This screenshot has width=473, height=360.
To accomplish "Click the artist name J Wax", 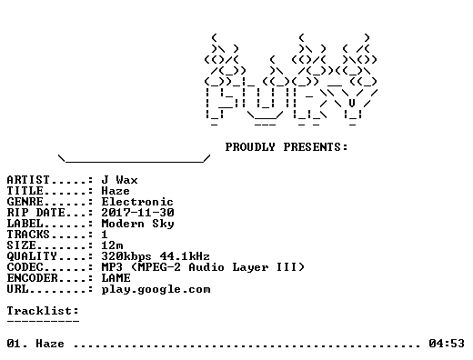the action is point(119,180).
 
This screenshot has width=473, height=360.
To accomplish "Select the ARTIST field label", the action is point(28,180).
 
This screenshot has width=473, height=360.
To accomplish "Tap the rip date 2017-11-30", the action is point(137,213).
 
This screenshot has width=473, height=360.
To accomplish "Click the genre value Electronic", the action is point(137,202).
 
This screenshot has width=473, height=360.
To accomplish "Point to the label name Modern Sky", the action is point(137,224).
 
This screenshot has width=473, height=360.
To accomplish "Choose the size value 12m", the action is point(112,245).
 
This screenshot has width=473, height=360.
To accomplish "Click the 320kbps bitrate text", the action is point(126,256).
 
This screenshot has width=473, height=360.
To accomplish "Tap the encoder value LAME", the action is point(116,278).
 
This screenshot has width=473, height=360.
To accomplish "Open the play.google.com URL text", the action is point(156,290).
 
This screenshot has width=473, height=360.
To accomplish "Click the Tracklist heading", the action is point(43,311).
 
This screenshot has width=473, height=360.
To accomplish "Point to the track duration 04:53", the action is point(447,344).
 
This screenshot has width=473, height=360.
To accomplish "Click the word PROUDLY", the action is point(250,147).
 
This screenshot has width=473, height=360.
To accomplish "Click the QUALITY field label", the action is point(32,256).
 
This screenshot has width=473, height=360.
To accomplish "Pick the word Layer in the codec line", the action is point(250,267).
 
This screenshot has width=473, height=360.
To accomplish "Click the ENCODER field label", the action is point(32,278).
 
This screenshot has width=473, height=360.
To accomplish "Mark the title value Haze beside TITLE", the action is point(116,191).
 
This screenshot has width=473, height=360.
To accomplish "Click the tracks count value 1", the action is point(105,235).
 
